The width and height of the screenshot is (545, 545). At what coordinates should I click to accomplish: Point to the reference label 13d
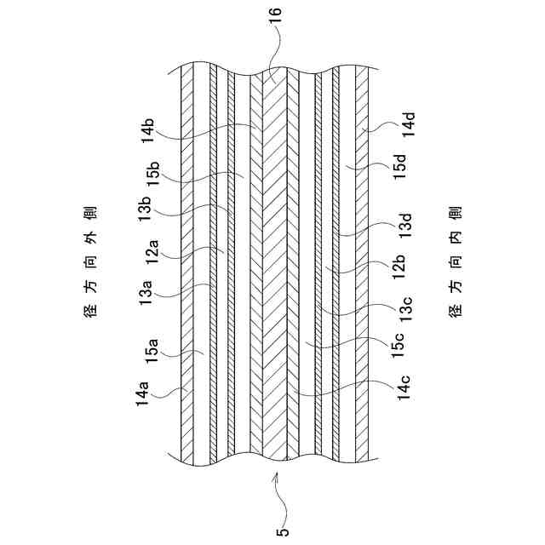pyautogui.click(x=409, y=225)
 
